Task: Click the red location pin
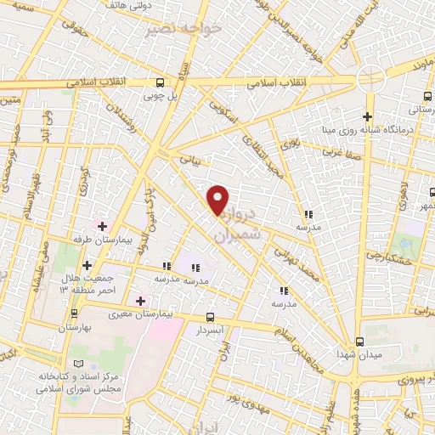(x=218, y=200)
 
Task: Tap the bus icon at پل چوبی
(x=160, y=82)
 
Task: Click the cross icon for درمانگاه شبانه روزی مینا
(x=367, y=116)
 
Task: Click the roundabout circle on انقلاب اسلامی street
(x=370, y=78)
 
